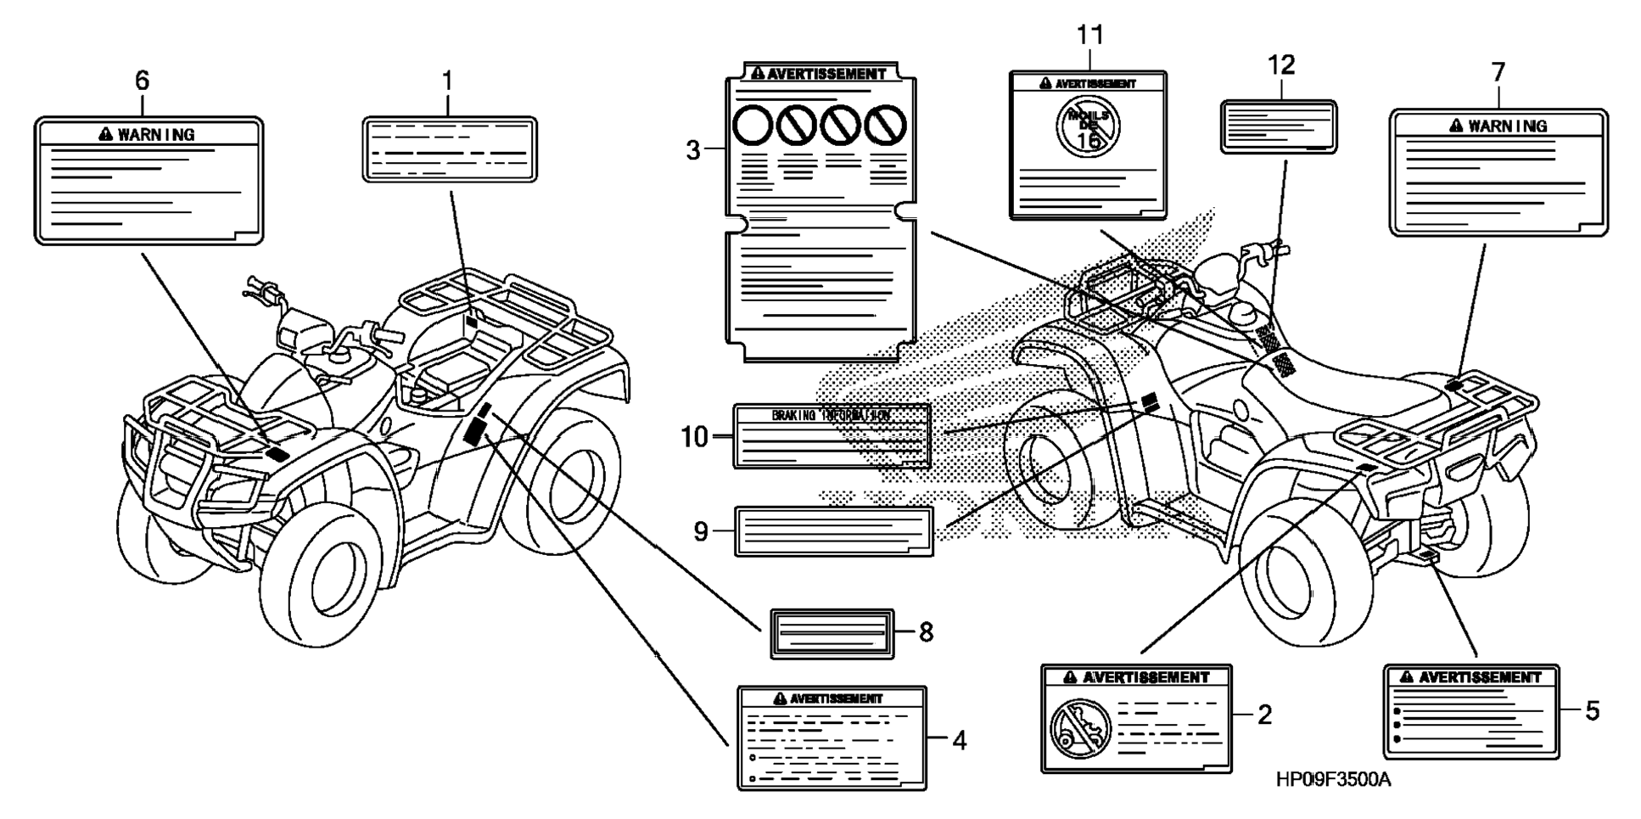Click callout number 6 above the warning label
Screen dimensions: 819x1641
(142, 81)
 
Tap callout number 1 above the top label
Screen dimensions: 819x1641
(447, 81)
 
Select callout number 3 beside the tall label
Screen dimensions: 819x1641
(693, 151)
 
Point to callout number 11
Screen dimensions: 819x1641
(1090, 36)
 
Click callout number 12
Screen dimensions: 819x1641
(1281, 65)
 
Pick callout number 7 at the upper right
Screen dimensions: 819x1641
(1498, 73)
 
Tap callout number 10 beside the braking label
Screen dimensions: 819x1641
(694, 437)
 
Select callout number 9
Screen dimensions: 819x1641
(700, 531)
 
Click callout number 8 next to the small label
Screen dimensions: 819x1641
(926, 632)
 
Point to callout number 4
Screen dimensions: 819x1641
(959, 741)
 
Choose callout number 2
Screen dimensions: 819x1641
(1264, 715)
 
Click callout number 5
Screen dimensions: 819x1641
(1592, 711)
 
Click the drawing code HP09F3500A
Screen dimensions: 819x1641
(1333, 780)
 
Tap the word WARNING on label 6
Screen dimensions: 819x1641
(156, 134)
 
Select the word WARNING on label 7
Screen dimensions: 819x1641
(1508, 126)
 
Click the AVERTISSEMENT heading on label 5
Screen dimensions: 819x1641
(1480, 677)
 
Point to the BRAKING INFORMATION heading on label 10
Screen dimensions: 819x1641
(831, 415)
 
